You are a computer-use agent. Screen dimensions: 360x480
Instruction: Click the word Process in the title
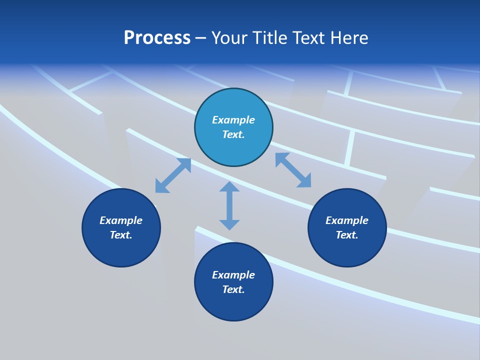[x=157, y=38]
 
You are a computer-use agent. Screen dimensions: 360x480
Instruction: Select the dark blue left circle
[x=121, y=250]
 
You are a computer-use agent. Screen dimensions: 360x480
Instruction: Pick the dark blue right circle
[x=347, y=250]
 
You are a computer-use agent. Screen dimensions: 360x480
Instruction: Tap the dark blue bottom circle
[x=233, y=304]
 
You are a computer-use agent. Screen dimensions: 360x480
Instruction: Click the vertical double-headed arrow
[x=229, y=205]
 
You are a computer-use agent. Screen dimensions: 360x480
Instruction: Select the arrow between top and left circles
[x=173, y=175]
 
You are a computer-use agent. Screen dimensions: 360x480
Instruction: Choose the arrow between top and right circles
[x=293, y=170]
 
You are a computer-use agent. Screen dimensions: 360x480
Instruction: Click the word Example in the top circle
[x=233, y=120]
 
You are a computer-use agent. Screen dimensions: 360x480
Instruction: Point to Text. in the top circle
[x=233, y=134]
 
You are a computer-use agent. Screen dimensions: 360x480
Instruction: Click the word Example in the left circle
[x=121, y=220]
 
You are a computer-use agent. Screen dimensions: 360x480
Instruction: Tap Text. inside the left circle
[x=121, y=235]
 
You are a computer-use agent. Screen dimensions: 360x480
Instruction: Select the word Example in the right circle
[x=347, y=220]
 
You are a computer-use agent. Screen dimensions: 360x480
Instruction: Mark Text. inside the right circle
[x=347, y=235]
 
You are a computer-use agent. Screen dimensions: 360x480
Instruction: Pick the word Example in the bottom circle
[x=233, y=275]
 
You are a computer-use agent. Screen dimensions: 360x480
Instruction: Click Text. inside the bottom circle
[x=233, y=289]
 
